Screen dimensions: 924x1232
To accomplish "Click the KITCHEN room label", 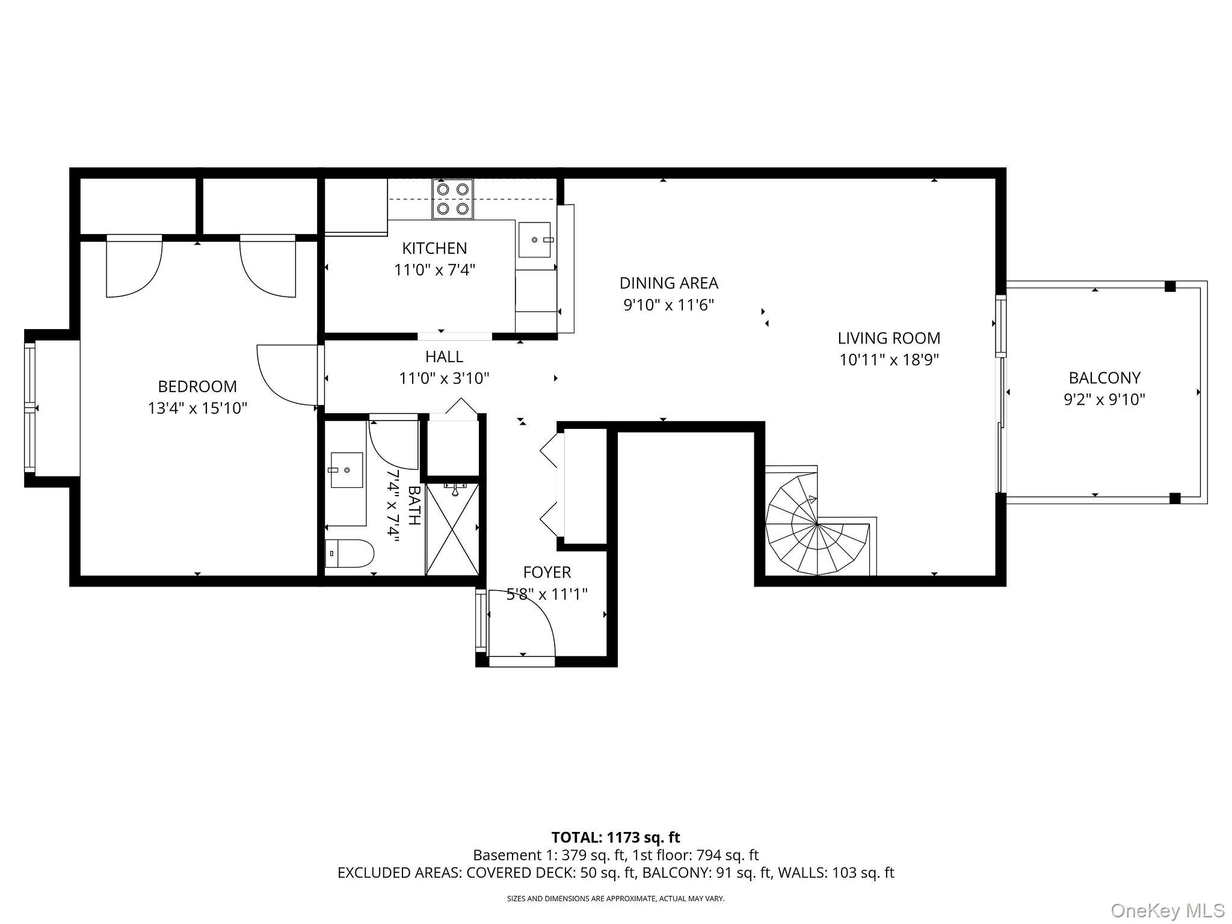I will click(x=434, y=248).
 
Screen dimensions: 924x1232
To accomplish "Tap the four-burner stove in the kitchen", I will click(x=452, y=199).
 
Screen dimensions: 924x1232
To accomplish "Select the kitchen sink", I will click(x=534, y=239).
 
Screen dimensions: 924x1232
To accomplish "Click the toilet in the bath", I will click(x=349, y=553).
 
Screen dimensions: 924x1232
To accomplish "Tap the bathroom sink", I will click(x=346, y=470).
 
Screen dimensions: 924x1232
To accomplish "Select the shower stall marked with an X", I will click(x=452, y=528).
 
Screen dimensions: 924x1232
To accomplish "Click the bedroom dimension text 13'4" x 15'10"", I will click(x=197, y=408).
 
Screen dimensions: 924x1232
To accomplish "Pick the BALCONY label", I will click(x=1104, y=378).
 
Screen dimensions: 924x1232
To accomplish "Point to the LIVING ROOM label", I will click(x=889, y=338).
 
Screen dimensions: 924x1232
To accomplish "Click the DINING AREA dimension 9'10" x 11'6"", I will click(x=668, y=305).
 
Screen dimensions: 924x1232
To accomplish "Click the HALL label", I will click(x=444, y=357).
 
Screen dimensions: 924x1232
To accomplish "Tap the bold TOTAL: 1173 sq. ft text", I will click(x=615, y=837).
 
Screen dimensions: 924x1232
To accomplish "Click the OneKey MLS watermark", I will click(x=1167, y=910).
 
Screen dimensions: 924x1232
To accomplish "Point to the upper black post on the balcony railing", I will click(x=1169, y=286).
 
